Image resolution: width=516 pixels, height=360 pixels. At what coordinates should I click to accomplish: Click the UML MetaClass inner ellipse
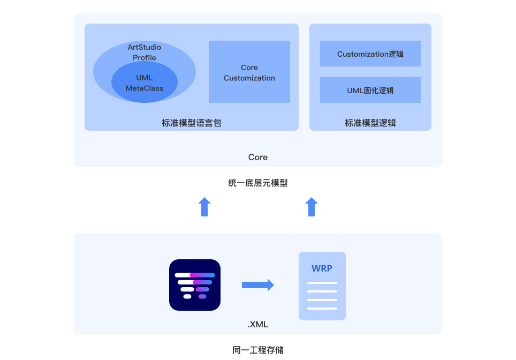pyautogui.click(x=145, y=82)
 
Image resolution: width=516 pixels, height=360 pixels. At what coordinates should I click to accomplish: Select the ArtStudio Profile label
pyautogui.click(x=145, y=52)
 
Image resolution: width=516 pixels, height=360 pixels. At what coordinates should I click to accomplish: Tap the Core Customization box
pyautogui.click(x=249, y=72)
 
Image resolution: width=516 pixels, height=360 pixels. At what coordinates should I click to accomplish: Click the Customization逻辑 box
pyautogui.click(x=370, y=54)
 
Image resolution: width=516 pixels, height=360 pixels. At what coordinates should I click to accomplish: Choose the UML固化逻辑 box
pyautogui.click(x=370, y=91)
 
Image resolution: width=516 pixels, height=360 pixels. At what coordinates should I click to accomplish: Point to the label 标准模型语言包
pyautogui.click(x=192, y=123)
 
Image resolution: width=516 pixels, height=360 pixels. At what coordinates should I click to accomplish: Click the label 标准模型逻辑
pyautogui.click(x=370, y=123)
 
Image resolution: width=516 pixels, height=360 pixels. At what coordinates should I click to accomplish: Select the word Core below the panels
pyautogui.click(x=258, y=157)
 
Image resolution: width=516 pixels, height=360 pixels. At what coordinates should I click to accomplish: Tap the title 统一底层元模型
pyautogui.click(x=258, y=183)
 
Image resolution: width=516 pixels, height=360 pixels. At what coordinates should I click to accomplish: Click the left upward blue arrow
pyautogui.click(x=204, y=207)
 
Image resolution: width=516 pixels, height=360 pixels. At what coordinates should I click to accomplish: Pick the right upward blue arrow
pyautogui.click(x=312, y=207)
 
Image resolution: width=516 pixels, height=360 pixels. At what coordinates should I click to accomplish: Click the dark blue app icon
pyautogui.click(x=195, y=285)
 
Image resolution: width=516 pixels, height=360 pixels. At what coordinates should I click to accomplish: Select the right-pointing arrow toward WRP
pyautogui.click(x=258, y=285)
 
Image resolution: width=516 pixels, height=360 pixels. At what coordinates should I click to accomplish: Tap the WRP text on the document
pyautogui.click(x=322, y=268)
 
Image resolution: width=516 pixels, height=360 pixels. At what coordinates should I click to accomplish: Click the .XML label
pyautogui.click(x=258, y=325)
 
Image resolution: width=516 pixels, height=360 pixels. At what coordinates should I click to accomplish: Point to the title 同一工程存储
pyautogui.click(x=258, y=350)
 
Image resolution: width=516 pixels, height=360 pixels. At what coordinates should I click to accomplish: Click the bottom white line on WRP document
pyautogui.click(x=322, y=309)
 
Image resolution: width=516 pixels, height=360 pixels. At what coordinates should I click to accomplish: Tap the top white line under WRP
pyautogui.click(x=322, y=283)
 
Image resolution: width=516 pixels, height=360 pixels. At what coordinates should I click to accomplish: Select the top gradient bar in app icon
pyautogui.click(x=195, y=275)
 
